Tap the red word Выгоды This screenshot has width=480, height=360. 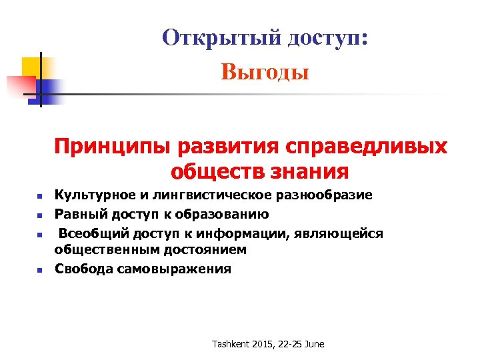(265, 71)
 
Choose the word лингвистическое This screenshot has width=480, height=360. (193, 195)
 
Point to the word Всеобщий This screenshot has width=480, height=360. (89, 233)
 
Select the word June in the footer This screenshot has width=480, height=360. (314, 344)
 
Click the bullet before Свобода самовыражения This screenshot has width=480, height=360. (39, 270)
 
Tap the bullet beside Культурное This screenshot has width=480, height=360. (39, 197)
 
